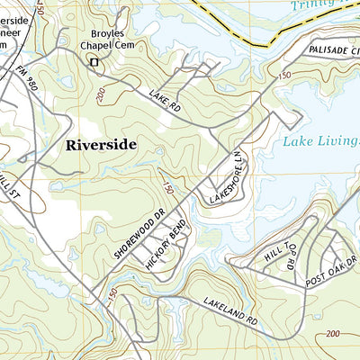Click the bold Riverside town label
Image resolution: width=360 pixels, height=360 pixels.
pos(101,144)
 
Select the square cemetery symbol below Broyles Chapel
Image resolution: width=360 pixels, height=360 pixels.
pos(93,61)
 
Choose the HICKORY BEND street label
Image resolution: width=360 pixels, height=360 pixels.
pos(165,244)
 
